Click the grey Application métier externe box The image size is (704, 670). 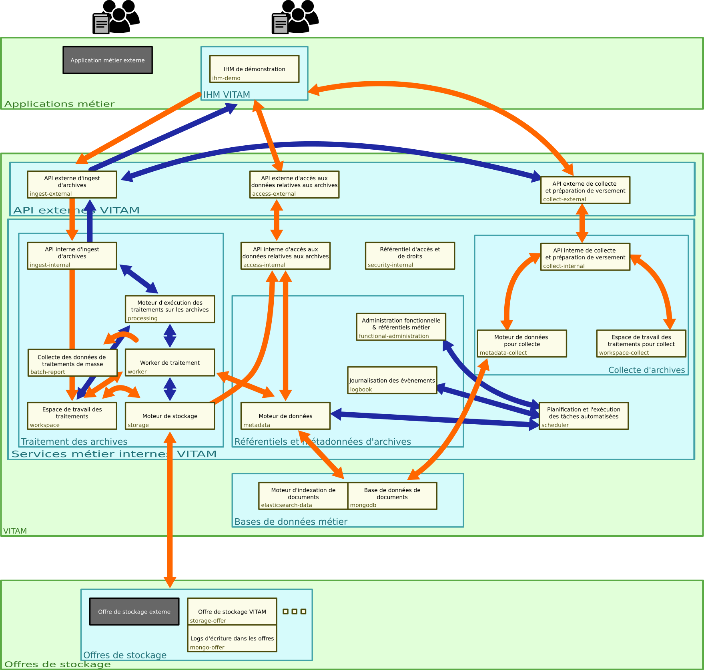(108, 60)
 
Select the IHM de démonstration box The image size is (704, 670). (254, 69)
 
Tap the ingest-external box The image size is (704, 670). (72, 185)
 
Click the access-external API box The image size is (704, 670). (294, 185)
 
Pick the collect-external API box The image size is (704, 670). (585, 190)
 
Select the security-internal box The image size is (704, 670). (410, 255)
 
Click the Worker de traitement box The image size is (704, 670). (170, 363)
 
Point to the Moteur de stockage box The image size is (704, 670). (170, 416)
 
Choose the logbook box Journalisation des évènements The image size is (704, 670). (392, 380)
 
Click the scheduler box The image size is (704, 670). (584, 416)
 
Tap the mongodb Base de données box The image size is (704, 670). (392, 496)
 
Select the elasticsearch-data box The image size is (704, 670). (303, 496)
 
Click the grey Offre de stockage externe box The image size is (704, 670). (134, 612)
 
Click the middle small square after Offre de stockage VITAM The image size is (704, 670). (295, 612)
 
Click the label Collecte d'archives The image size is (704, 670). (646, 370)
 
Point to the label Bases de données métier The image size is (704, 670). (291, 522)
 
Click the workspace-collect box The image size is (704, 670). (641, 343)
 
